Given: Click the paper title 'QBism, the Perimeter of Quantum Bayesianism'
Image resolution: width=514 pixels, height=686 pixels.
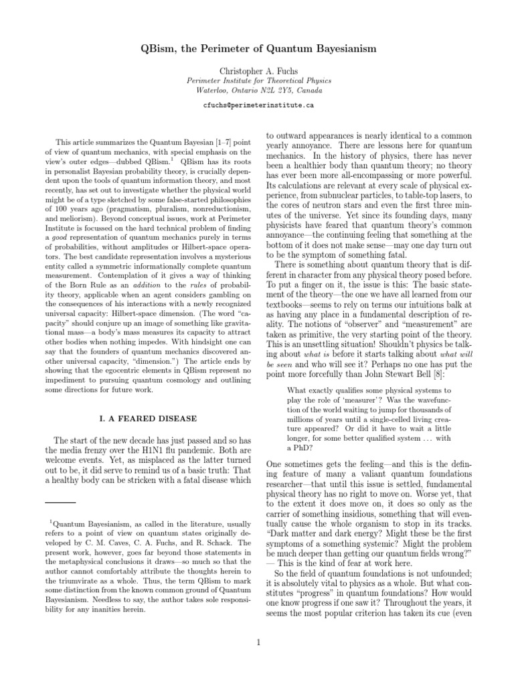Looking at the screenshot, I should pyautogui.click(x=258, y=49).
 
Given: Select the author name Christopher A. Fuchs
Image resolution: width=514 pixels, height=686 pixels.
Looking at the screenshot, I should pyautogui.click(x=258, y=70).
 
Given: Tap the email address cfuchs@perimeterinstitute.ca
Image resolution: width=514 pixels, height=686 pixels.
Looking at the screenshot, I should pyautogui.click(x=258, y=105).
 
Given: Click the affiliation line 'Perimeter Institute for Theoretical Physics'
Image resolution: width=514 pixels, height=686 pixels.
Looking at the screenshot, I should pyautogui.click(x=258, y=80).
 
